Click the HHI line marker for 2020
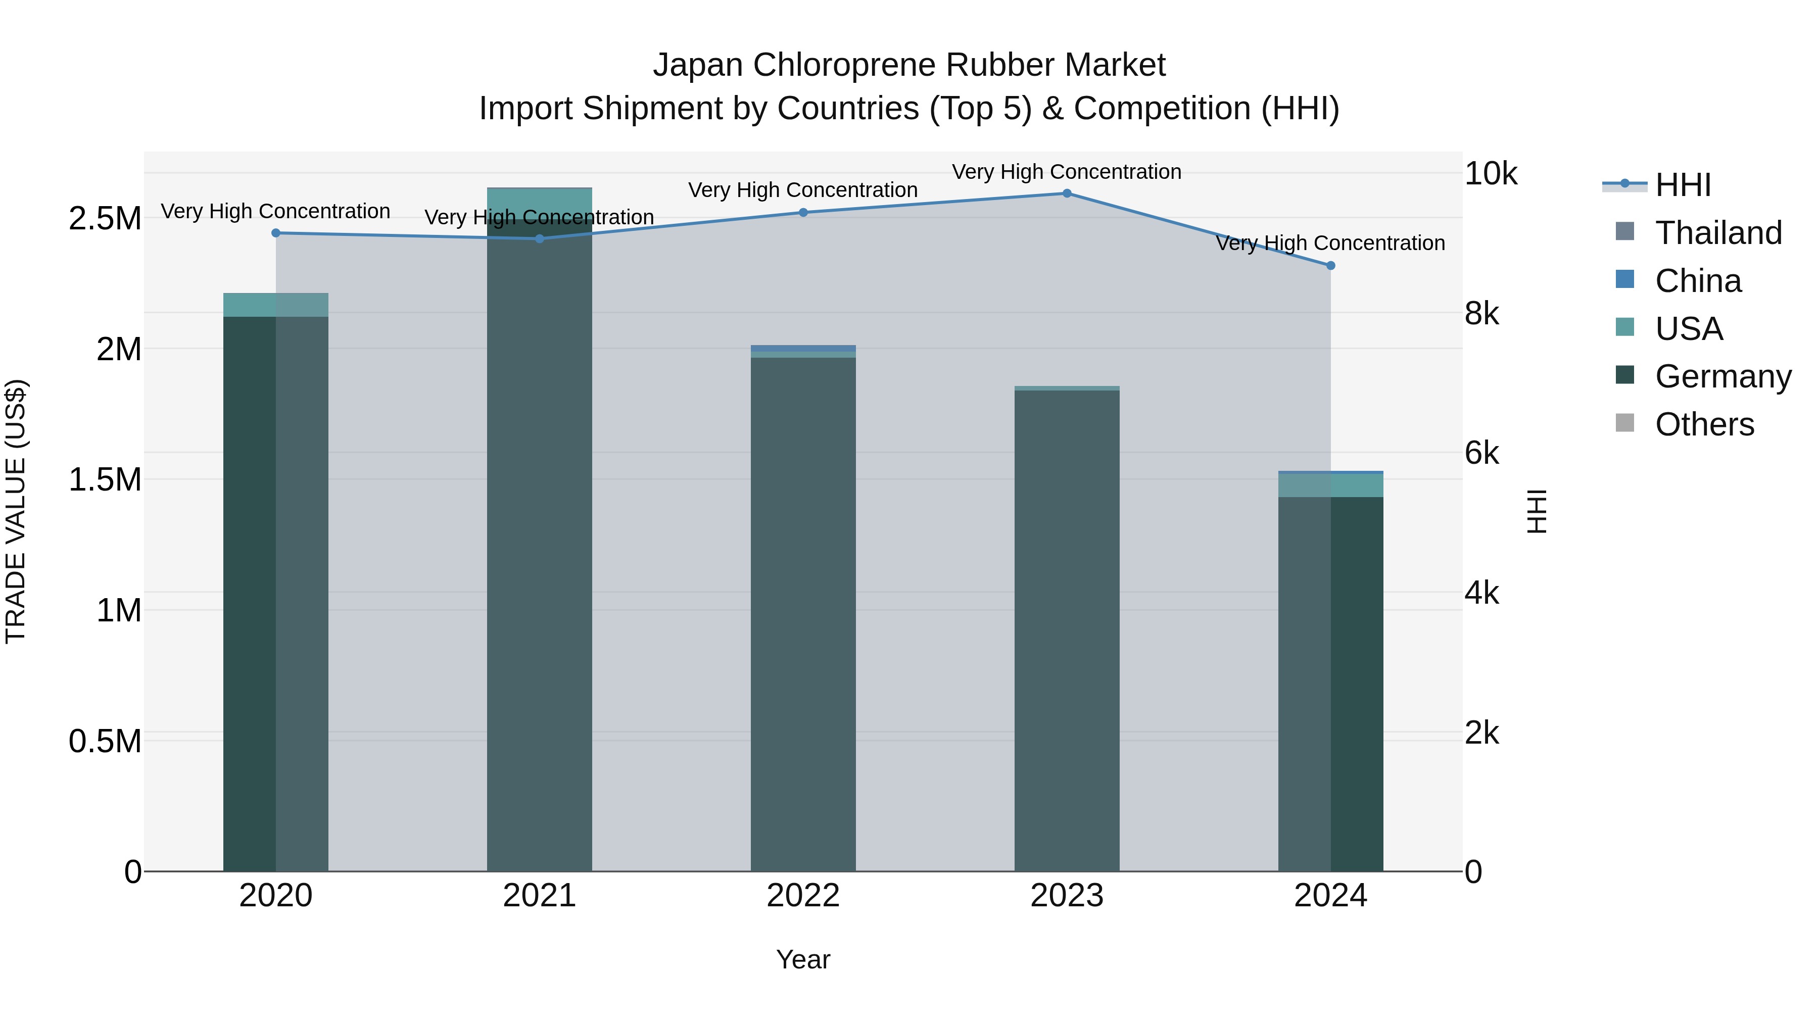tap(276, 233)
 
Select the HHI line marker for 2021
tap(540, 238)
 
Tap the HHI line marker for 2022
tap(803, 213)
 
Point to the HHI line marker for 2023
tap(1067, 193)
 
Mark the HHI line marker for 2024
tap(1330, 265)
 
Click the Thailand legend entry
tap(1718, 233)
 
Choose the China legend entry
tap(1698, 281)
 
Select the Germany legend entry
tap(1723, 376)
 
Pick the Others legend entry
tap(1704, 424)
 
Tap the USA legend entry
tap(1688, 329)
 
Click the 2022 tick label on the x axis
tap(803, 896)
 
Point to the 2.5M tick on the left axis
tap(105, 219)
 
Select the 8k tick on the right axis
tap(1481, 313)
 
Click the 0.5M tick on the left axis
tap(105, 741)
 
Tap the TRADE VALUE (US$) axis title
tap(16, 511)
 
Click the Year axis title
tap(803, 959)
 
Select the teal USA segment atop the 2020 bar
tap(276, 305)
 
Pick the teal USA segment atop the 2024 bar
tap(1330, 485)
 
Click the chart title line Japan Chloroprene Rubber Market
tap(909, 65)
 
